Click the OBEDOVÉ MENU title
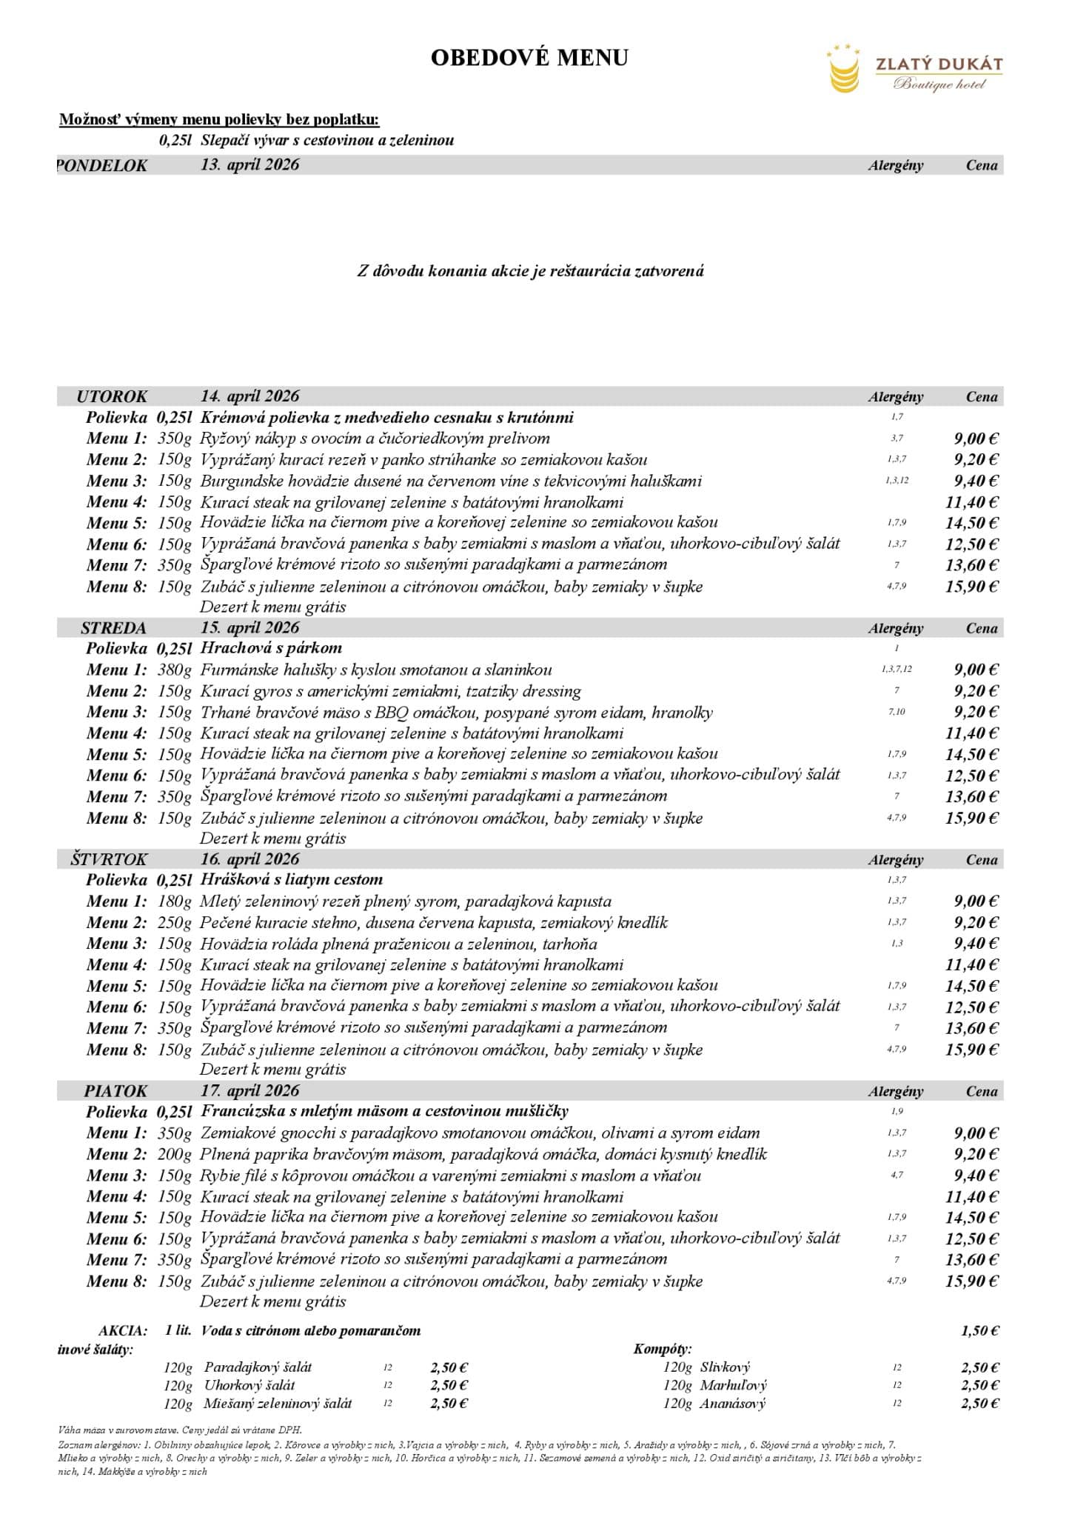coord(529,58)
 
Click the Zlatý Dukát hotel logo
coord(914,69)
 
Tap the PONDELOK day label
coord(103,166)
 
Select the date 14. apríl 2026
coord(249,396)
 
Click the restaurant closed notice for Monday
coord(530,271)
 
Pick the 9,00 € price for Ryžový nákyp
coord(976,439)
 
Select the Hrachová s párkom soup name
coord(271,648)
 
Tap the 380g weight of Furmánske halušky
coord(174,670)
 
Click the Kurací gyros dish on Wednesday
coord(390,692)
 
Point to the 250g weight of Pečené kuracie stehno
coord(174,923)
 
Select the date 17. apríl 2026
coord(249,1090)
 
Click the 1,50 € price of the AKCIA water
coord(979,1331)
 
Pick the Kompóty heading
coord(663,1349)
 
